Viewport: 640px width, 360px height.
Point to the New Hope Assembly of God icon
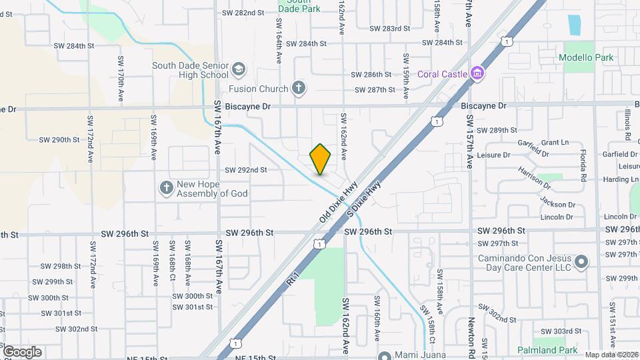pyautogui.click(x=166, y=188)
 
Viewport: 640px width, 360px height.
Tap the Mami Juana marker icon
pyautogui.click(x=384, y=355)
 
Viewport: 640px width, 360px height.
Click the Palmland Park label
pyautogui.click(x=550, y=350)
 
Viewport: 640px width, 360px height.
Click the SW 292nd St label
pyautogui.click(x=246, y=170)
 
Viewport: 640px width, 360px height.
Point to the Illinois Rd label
pyautogui.click(x=627, y=126)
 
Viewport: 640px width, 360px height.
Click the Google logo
pyautogui.click(x=22, y=352)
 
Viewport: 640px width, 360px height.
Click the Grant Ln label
pyautogui.click(x=555, y=143)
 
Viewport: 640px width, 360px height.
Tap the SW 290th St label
pyautogui.click(x=59, y=140)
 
